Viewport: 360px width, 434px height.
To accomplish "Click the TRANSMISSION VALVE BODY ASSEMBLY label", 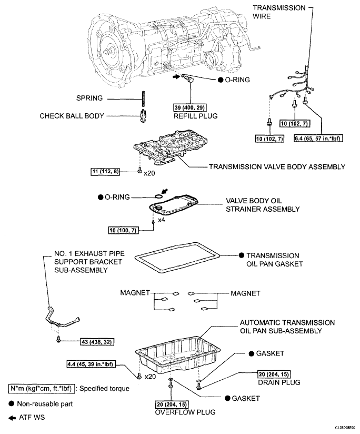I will pyautogui.click(x=277, y=167).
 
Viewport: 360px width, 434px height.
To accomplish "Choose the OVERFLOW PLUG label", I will pyautogui.click(x=180, y=412).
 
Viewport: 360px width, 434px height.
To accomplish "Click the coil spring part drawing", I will pyautogui.click(x=142, y=99).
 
